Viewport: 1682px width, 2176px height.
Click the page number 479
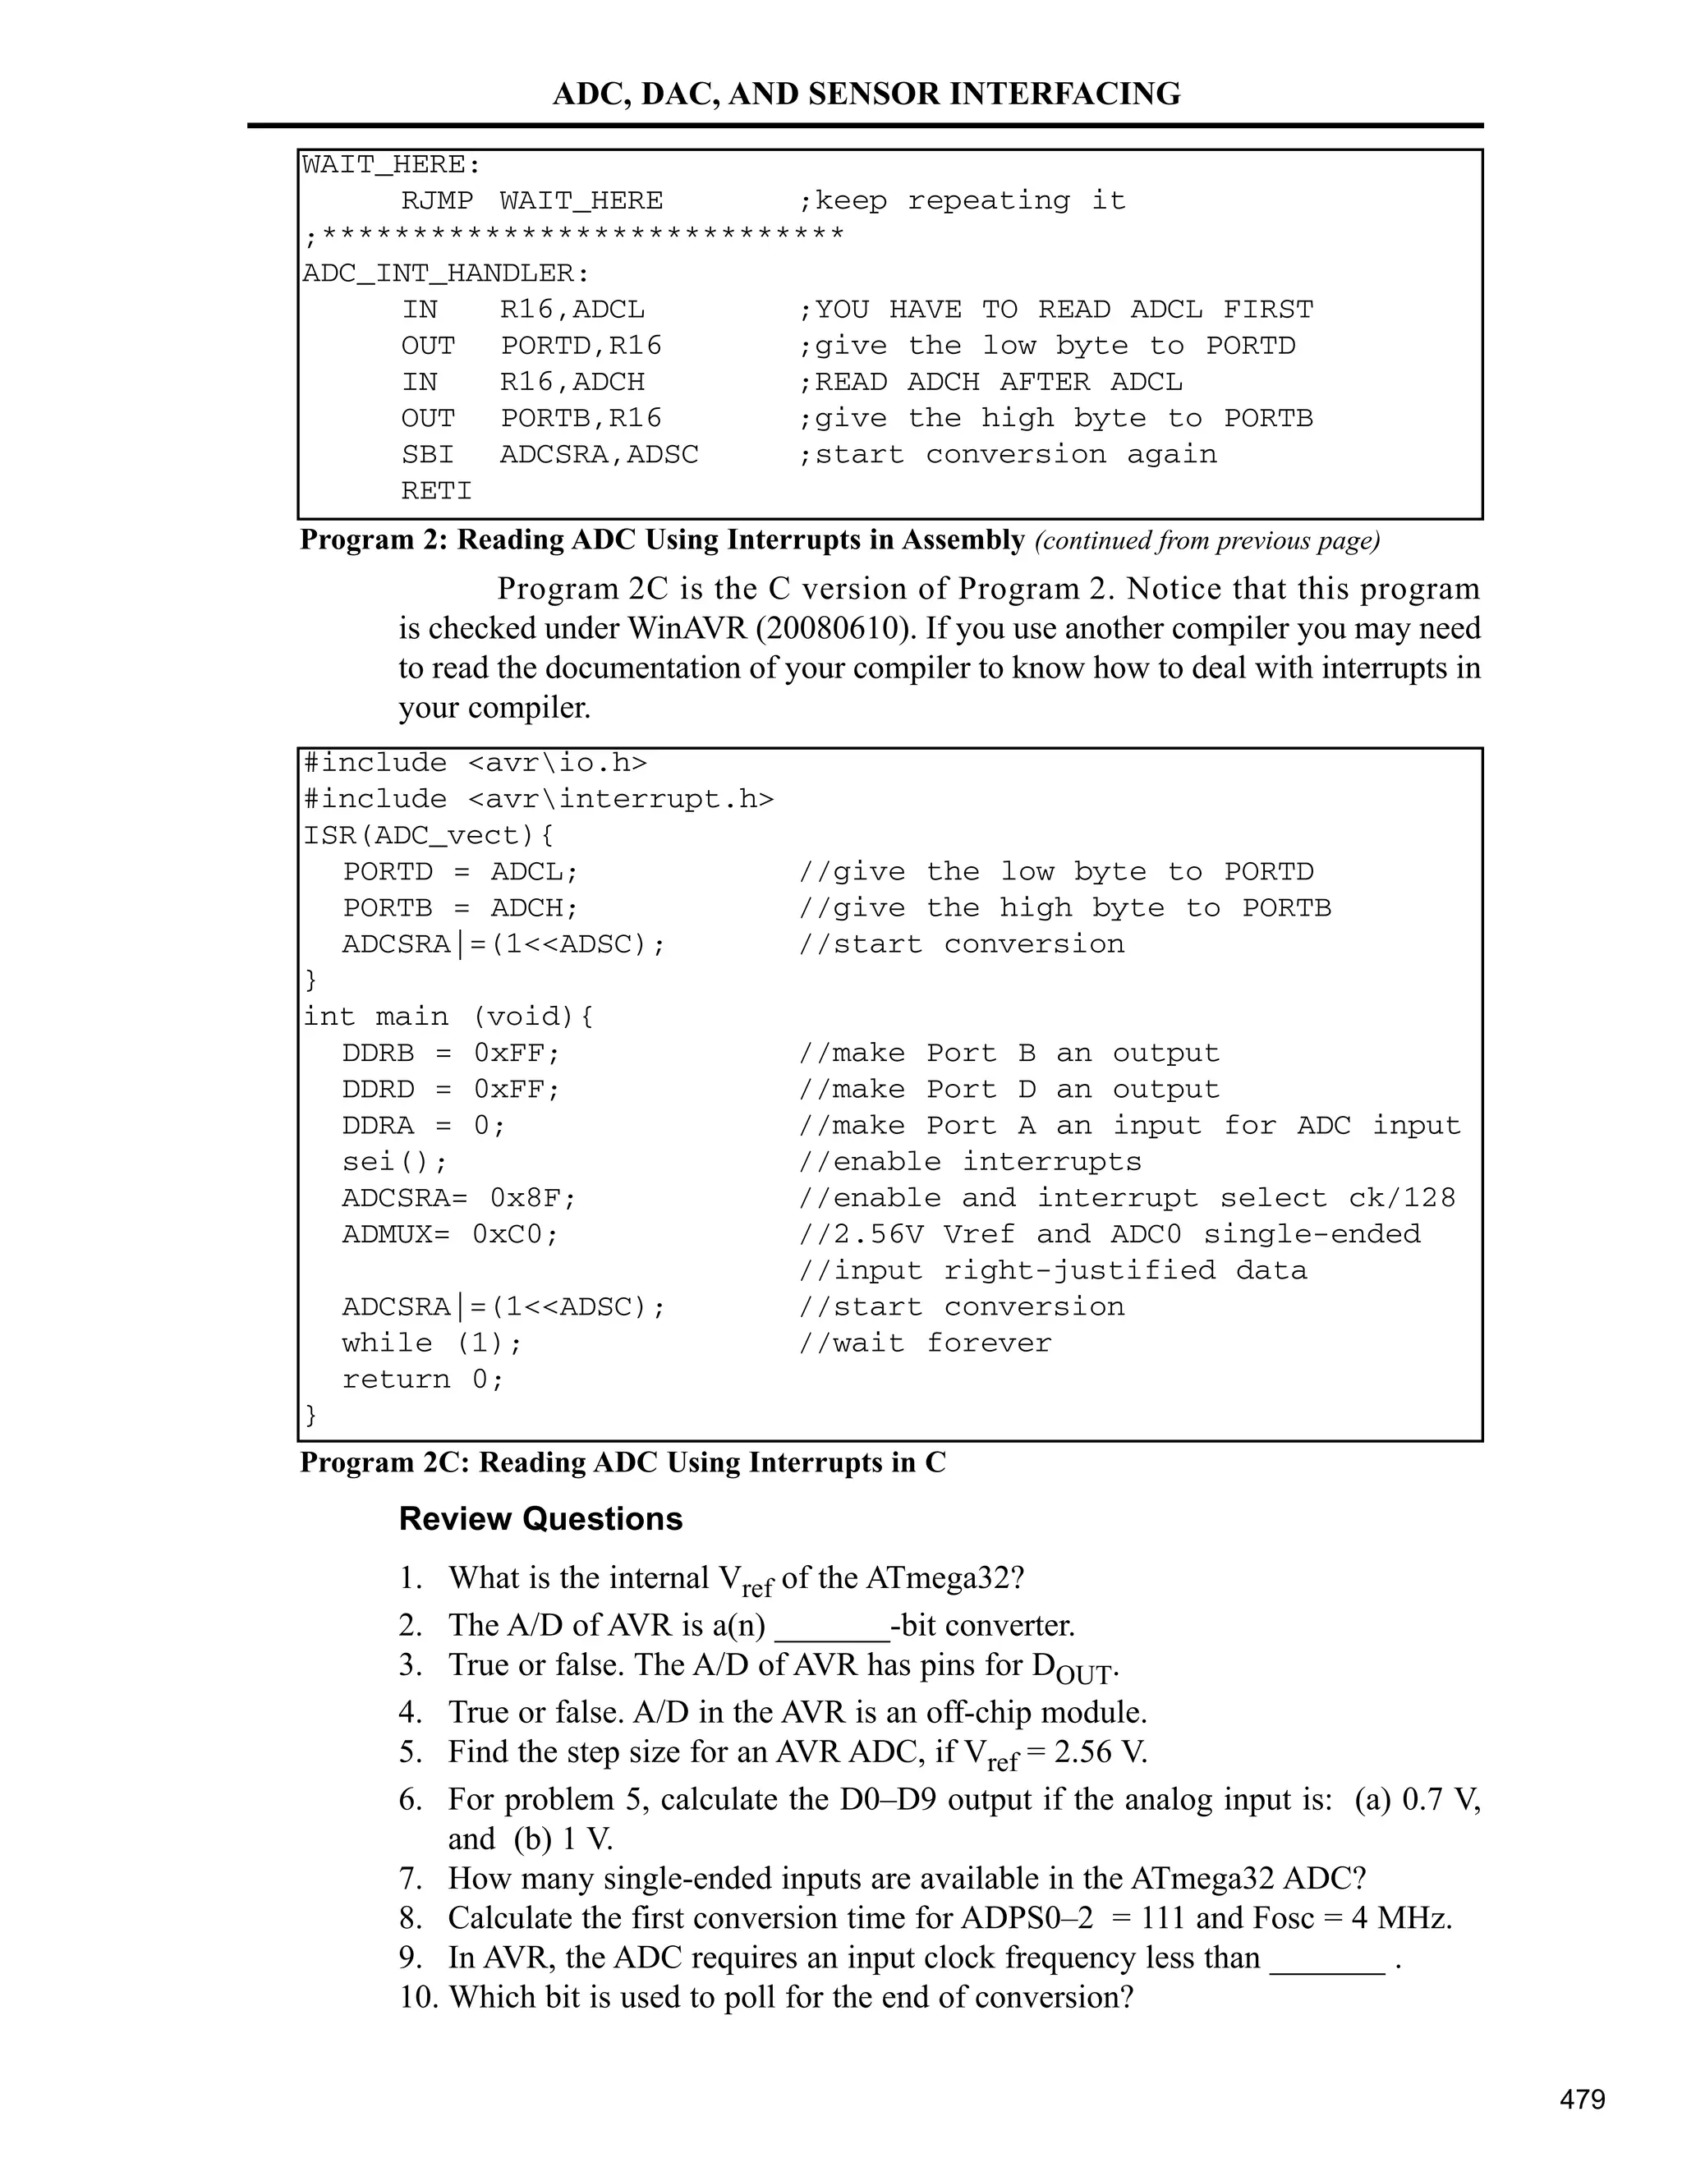(x=1583, y=2100)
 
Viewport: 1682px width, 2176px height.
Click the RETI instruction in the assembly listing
(x=436, y=490)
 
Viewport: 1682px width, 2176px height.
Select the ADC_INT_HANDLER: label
(x=445, y=273)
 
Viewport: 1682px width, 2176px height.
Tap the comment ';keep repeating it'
(x=962, y=200)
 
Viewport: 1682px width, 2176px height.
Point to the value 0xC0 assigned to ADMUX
(x=515, y=1233)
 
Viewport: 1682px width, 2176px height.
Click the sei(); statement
(x=394, y=1162)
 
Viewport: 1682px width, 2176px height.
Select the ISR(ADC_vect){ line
(x=429, y=835)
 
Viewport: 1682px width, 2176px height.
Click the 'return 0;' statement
(x=422, y=1379)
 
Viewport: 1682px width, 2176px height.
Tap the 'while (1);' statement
(x=431, y=1343)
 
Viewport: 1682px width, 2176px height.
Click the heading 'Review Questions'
(x=540, y=1518)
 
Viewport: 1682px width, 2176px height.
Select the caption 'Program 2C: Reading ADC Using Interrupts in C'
(x=623, y=1462)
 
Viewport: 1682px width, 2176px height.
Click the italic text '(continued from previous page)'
(x=1206, y=541)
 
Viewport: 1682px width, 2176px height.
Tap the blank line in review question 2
(x=832, y=1626)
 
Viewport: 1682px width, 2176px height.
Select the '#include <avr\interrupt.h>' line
(x=538, y=799)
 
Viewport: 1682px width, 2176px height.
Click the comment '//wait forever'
(x=925, y=1343)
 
